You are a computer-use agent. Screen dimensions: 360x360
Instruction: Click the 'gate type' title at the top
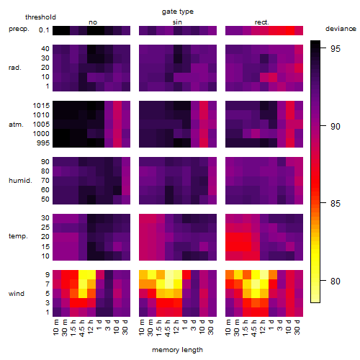[178, 12]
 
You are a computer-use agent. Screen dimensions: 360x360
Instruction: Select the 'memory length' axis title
[177, 350]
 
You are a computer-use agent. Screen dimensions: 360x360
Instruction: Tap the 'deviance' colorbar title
[341, 29]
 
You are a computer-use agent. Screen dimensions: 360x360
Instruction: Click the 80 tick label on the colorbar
[336, 281]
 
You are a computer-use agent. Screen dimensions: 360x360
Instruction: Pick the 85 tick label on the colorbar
[336, 204]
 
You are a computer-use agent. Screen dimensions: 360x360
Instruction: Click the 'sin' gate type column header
[177, 22]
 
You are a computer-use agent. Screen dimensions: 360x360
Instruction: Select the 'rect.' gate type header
[261, 22]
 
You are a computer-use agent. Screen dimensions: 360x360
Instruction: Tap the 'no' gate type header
[93, 22]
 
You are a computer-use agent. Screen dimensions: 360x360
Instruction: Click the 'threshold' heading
[40, 17]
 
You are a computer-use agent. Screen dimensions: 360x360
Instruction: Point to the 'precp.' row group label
[19, 29]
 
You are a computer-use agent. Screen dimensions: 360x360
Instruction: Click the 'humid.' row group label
[20, 180]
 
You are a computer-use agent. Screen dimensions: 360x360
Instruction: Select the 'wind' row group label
[17, 294]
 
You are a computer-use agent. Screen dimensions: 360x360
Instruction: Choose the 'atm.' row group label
[16, 125]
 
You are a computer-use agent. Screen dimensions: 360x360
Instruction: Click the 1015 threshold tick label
[41, 105]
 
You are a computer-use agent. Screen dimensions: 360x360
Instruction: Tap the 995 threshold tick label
[43, 143]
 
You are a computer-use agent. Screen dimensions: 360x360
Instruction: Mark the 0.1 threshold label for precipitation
[44, 30]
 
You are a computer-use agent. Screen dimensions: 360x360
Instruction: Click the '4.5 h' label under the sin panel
[168, 328]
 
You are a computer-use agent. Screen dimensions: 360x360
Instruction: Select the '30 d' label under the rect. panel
[297, 327]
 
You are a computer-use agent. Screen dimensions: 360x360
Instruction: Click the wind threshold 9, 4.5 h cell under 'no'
[83, 274]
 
